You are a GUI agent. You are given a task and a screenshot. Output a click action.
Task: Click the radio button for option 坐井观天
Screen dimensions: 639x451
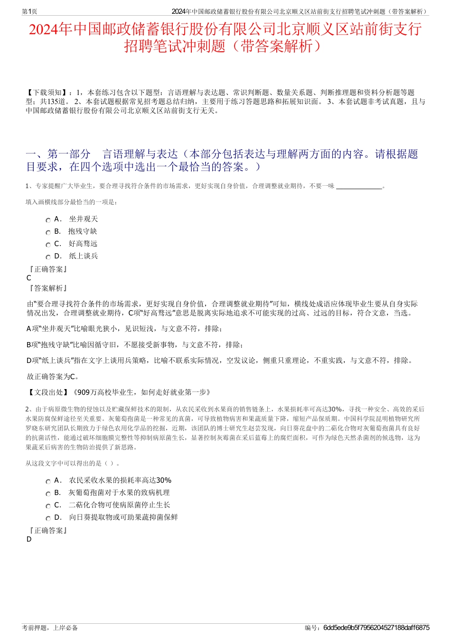[48, 220]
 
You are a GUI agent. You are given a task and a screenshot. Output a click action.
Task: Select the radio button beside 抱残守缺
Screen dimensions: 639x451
[48, 232]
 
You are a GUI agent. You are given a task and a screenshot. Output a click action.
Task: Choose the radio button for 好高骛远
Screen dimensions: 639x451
[48, 245]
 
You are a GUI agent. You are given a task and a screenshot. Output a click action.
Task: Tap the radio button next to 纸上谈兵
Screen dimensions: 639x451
[48, 257]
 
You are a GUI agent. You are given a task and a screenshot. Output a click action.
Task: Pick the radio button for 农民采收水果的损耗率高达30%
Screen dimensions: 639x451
[48, 481]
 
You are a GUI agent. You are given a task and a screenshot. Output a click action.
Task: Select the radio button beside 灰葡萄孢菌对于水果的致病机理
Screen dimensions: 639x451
[48, 494]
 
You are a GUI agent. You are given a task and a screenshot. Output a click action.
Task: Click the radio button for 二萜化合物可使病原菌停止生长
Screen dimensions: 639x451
[48, 506]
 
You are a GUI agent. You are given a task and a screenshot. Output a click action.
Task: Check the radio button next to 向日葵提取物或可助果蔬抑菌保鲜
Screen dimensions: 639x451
[48, 518]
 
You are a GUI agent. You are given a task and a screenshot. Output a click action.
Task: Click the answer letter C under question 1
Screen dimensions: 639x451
[29, 278]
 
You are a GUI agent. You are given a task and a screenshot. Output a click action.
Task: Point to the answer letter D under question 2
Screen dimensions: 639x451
[29, 539]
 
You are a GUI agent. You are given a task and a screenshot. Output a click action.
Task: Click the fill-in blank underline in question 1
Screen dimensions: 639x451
[359, 187]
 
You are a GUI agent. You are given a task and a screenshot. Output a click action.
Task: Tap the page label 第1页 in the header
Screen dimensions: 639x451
[29, 11]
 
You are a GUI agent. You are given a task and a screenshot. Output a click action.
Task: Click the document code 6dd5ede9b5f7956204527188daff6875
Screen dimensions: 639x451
[376, 628]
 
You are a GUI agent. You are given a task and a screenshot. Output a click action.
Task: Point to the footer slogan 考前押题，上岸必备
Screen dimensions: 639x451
[50, 628]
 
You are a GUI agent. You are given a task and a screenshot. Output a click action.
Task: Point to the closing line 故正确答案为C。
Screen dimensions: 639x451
[53, 377]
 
